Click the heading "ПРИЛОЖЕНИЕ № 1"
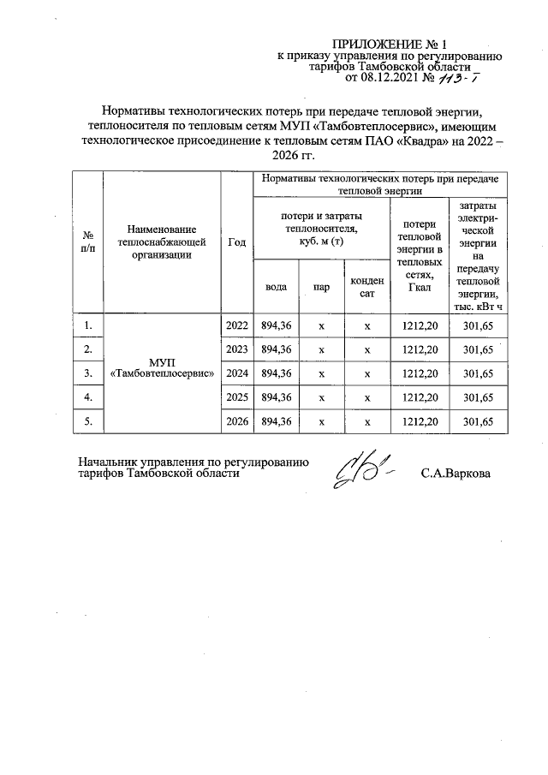[x=390, y=43]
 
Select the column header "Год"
[x=237, y=242]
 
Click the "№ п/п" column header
[x=87, y=242]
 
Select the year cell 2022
[x=237, y=325]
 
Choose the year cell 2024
[x=237, y=373]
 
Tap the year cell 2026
[x=237, y=421]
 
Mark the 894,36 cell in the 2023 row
[x=277, y=349]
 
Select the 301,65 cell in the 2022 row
[x=478, y=325]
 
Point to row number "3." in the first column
[x=87, y=373]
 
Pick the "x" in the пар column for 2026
[x=321, y=421]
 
